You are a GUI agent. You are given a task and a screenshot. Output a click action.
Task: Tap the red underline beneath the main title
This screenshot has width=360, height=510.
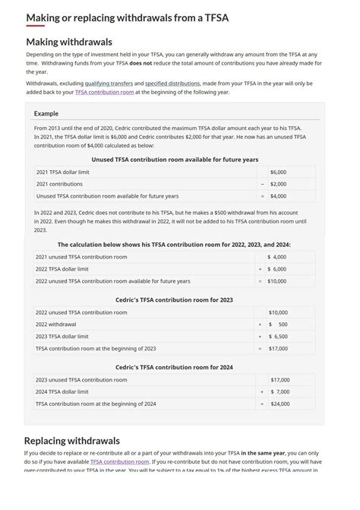[35, 27]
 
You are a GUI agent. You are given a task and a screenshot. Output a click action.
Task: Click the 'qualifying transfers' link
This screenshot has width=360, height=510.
[109, 83]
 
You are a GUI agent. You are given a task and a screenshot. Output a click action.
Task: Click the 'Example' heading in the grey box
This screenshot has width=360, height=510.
[46, 113]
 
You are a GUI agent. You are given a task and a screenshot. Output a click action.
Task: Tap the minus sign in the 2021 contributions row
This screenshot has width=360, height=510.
[262, 184]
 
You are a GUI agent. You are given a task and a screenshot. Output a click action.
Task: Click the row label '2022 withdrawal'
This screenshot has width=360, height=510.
[55, 324]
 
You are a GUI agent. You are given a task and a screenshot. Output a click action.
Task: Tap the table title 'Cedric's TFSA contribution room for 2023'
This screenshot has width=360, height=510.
[174, 299]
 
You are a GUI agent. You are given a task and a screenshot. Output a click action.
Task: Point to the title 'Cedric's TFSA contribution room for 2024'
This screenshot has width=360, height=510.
[174, 367]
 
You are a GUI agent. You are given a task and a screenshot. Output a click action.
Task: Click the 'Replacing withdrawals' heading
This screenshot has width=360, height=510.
[71, 440]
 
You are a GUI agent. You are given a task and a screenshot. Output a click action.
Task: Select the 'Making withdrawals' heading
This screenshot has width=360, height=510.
[68, 42]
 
